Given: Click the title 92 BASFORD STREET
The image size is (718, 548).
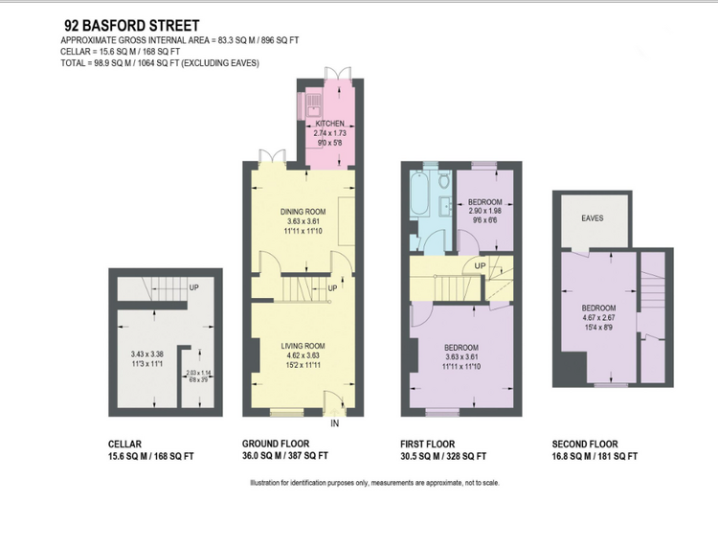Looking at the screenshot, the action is tap(132, 25).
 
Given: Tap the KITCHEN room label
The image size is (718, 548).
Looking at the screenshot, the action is tap(329, 124).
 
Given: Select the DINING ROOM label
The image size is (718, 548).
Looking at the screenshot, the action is tap(303, 211).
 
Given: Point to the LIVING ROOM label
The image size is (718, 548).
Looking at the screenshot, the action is tap(303, 346).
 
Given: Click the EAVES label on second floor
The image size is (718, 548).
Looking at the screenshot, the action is tap(592, 218).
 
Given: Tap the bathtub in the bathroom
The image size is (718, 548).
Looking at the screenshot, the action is tap(419, 194).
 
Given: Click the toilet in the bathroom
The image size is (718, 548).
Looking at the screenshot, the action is tap(443, 180).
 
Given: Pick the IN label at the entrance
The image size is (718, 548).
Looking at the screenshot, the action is tap(335, 423).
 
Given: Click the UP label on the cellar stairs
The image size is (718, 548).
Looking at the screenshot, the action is tap(193, 287).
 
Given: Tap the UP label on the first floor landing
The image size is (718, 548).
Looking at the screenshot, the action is tap(480, 265).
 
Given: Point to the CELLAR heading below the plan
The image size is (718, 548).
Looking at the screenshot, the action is tap(124, 444).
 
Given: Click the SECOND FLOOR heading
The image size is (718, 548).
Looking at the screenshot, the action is tap(585, 444).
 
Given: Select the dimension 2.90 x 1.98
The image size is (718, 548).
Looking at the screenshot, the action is tap(485, 211).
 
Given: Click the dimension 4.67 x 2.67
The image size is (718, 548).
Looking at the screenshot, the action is tap(598, 317).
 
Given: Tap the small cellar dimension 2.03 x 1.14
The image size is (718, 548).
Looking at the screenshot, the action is tap(198, 373).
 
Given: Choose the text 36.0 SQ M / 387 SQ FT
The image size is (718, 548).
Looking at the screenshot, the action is tap(285, 456).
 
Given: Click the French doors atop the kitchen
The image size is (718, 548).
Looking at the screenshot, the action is tap(338, 74).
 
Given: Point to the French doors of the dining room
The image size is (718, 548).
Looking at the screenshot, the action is tap(273, 156).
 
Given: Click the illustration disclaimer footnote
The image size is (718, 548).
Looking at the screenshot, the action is tap(374, 483).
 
